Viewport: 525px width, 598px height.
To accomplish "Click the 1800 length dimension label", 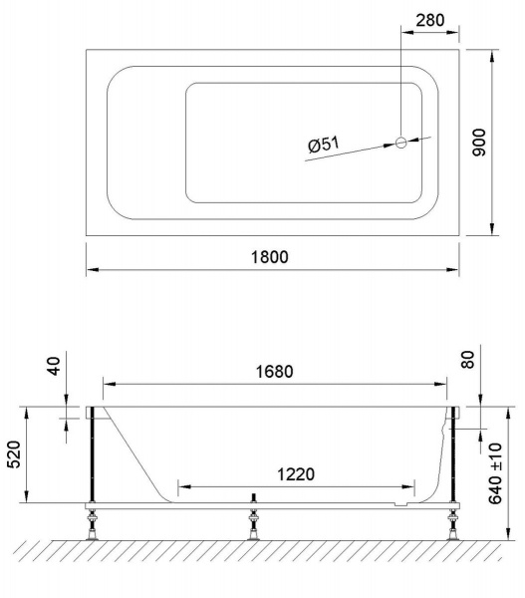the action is pos(270,257).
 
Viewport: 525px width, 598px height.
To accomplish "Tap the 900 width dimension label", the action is pos(479,143).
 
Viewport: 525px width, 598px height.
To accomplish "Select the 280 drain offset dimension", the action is pos(430,20).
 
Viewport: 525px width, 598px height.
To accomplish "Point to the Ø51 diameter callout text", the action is pos(324,145).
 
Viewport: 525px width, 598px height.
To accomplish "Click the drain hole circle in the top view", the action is pos(401,143).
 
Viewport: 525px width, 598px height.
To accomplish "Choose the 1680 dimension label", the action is pos(274,372).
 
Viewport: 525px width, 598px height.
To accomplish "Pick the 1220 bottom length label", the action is pos(296,474).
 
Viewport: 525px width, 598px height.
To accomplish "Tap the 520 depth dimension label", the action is pos(15,454).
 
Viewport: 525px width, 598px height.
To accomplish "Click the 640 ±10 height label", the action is pos(496,473).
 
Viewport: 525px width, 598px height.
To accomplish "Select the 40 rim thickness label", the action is pos(54,366).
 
